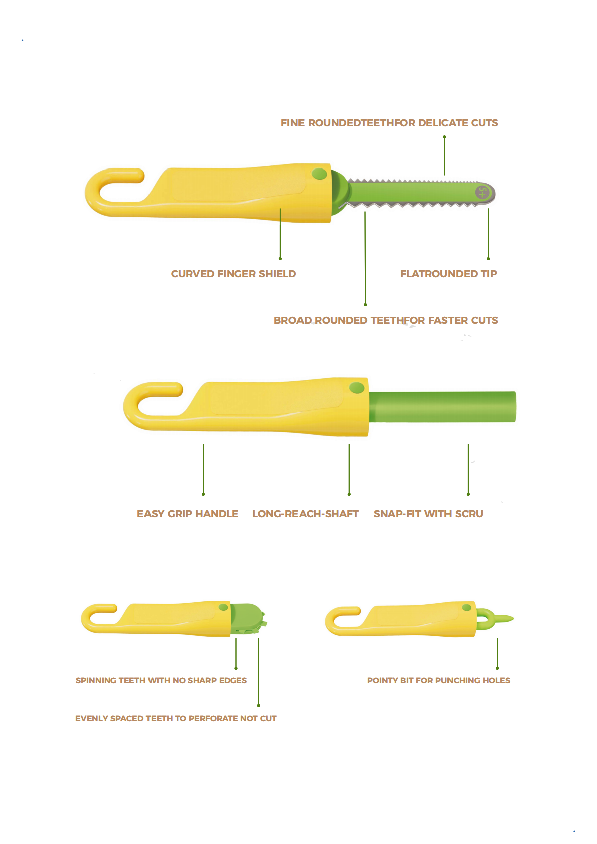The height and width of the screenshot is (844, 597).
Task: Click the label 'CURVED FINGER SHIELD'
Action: tap(233, 274)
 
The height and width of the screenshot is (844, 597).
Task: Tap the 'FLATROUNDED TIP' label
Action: tap(449, 274)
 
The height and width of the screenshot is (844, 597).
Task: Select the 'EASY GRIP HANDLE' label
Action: tap(188, 514)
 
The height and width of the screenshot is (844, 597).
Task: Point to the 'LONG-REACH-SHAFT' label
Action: tap(305, 514)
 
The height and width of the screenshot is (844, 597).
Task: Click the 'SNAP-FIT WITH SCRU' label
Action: tap(428, 514)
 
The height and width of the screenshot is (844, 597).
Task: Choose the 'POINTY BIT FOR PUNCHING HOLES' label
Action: tap(438, 680)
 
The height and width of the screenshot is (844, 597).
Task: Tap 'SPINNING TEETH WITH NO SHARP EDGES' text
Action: tap(161, 680)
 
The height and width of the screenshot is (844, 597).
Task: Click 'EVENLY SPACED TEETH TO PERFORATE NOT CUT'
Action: tap(176, 718)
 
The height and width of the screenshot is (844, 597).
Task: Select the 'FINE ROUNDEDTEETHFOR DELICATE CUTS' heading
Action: tap(389, 123)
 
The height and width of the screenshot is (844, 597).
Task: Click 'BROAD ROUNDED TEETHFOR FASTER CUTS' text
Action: tap(386, 320)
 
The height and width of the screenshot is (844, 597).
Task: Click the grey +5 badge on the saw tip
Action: tap(482, 192)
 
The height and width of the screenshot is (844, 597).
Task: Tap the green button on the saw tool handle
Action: tap(319, 174)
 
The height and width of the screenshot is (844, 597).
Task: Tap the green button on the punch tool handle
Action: tap(466, 608)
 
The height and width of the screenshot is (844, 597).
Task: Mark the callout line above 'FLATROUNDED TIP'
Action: tap(488, 233)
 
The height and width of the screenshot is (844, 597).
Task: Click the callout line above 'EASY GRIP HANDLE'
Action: tap(203, 469)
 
